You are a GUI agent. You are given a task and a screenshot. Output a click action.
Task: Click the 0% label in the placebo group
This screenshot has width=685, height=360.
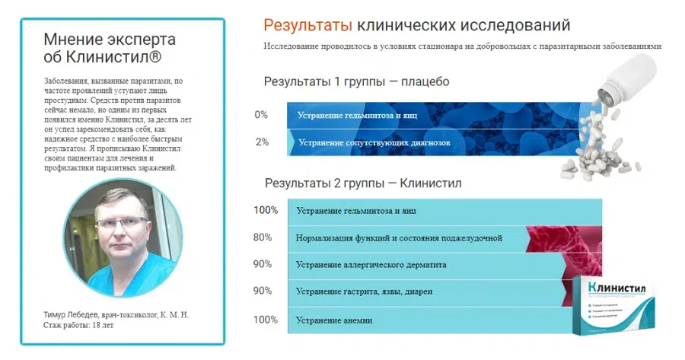pyautogui.click(x=261, y=114)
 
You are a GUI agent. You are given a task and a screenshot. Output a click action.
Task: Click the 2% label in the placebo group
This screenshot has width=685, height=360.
pyautogui.click(x=261, y=142)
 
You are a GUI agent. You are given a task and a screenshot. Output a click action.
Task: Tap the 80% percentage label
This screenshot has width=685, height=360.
pyautogui.click(x=263, y=237)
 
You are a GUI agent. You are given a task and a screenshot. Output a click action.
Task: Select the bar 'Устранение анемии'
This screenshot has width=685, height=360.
pyautogui.click(x=426, y=320)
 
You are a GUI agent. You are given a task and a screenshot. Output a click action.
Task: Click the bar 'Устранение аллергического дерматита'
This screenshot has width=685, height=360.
pyautogui.click(x=426, y=265)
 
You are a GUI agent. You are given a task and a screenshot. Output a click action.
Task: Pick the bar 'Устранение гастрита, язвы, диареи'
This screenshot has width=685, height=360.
pyautogui.click(x=426, y=292)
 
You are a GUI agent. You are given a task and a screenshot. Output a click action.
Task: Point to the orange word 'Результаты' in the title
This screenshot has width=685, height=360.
pyautogui.click(x=307, y=26)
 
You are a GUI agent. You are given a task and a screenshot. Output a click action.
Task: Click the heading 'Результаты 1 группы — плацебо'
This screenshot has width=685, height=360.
pyautogui.click(x=356, y=82)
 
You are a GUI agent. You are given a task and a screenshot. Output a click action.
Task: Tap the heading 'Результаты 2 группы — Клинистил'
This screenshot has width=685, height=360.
pyautogui.click(x=362, y=183)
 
